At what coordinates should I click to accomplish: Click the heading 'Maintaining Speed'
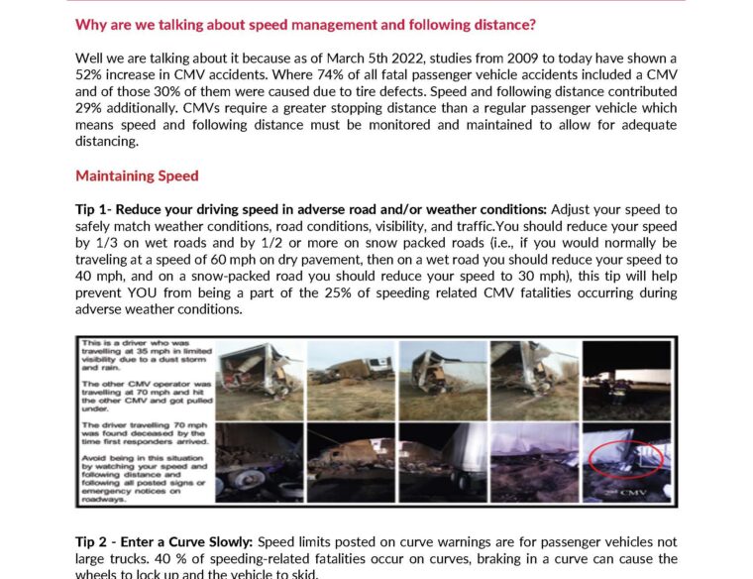pos(137,175)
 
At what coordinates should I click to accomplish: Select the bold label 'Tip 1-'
pos(95,209)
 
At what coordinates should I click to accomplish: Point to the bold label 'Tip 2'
pos(94,542)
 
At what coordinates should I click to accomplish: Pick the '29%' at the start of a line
pos(89,108)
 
